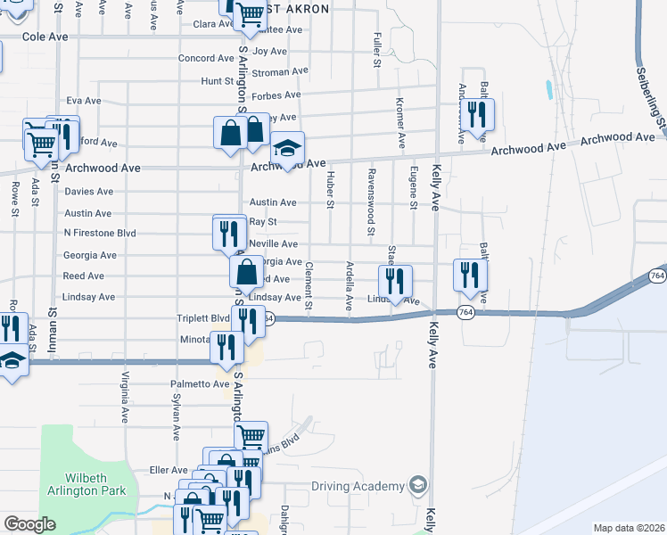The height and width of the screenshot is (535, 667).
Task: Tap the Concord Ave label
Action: [206, 58]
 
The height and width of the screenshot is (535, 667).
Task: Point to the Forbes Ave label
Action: [275, 95]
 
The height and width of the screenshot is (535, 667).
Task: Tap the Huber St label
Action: [330, 190]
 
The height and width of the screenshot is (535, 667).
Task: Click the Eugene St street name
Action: [413, 187]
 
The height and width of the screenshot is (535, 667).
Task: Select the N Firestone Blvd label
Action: [99, 233]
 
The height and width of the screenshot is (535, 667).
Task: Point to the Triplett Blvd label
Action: [203, 317]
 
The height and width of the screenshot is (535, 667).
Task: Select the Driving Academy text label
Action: [358, 486]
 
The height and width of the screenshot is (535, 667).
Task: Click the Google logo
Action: [29, 524]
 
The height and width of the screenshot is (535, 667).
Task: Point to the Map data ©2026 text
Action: [629, 528]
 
